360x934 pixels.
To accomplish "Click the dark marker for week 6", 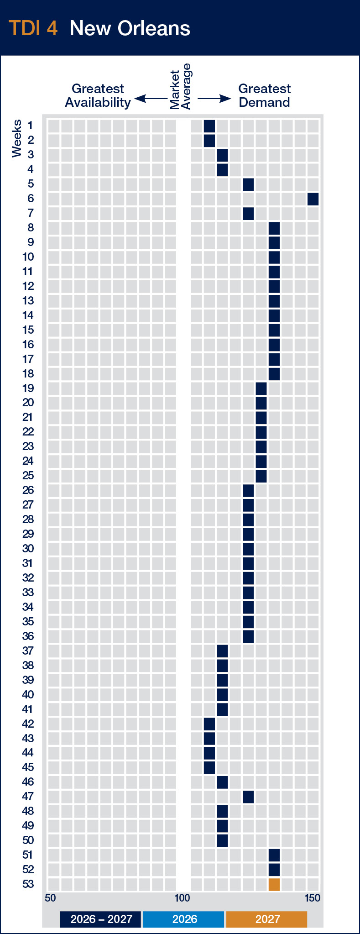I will coord(313,199).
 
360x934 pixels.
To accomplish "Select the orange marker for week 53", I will coord(274,884).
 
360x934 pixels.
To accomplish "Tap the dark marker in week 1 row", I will coord(209,126).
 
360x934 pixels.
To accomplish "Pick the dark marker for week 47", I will coord(248,797).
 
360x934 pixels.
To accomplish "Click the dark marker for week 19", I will coord(261,388).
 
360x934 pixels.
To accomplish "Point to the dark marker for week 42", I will coord(209,724).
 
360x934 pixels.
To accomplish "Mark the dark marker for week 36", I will coord(248,636).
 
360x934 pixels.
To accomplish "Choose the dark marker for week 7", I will coord(248,214).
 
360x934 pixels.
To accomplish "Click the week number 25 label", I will coord(28,476).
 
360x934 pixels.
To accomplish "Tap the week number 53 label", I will coord(28,884).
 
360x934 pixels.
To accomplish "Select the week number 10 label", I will coord(28,257).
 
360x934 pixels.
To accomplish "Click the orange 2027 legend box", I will coord(267,919).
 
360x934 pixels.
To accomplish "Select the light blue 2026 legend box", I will coord(184,919).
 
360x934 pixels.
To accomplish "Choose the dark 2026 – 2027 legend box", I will coord(101,919).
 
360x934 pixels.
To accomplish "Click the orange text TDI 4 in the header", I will coord(33,28).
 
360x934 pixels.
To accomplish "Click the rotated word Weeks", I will coord(17,138).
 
